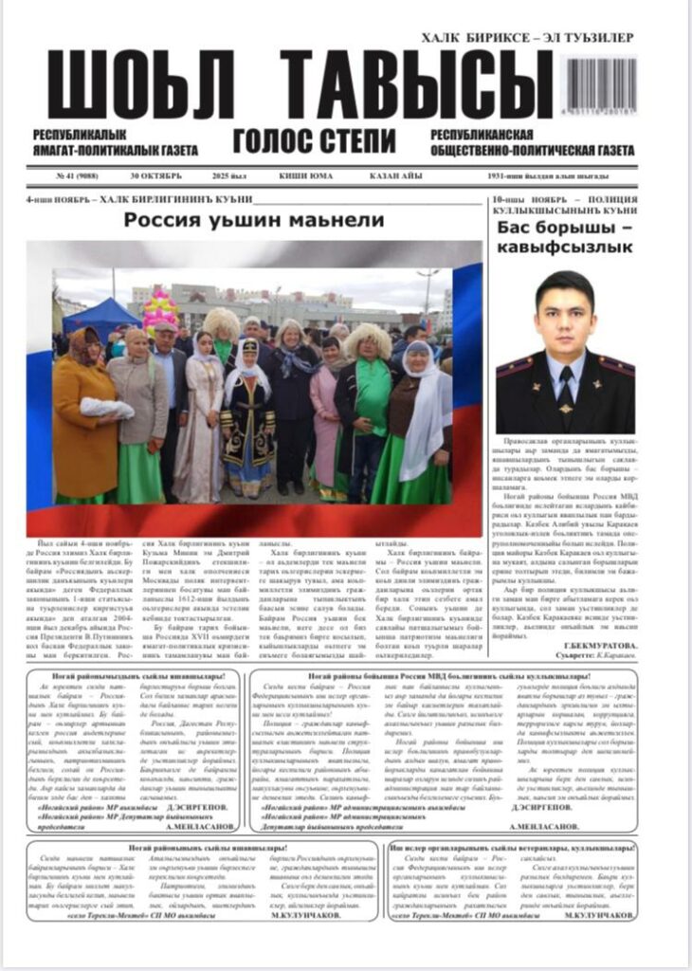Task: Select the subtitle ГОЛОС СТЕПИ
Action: click(x=314, y=141)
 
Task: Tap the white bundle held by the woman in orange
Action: click(x=106, y=408)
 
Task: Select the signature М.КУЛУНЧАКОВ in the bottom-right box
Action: click(x=599, y=915)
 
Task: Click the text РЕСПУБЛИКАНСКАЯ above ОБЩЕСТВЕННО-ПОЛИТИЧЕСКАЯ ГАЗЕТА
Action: click(x=481, y=135)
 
